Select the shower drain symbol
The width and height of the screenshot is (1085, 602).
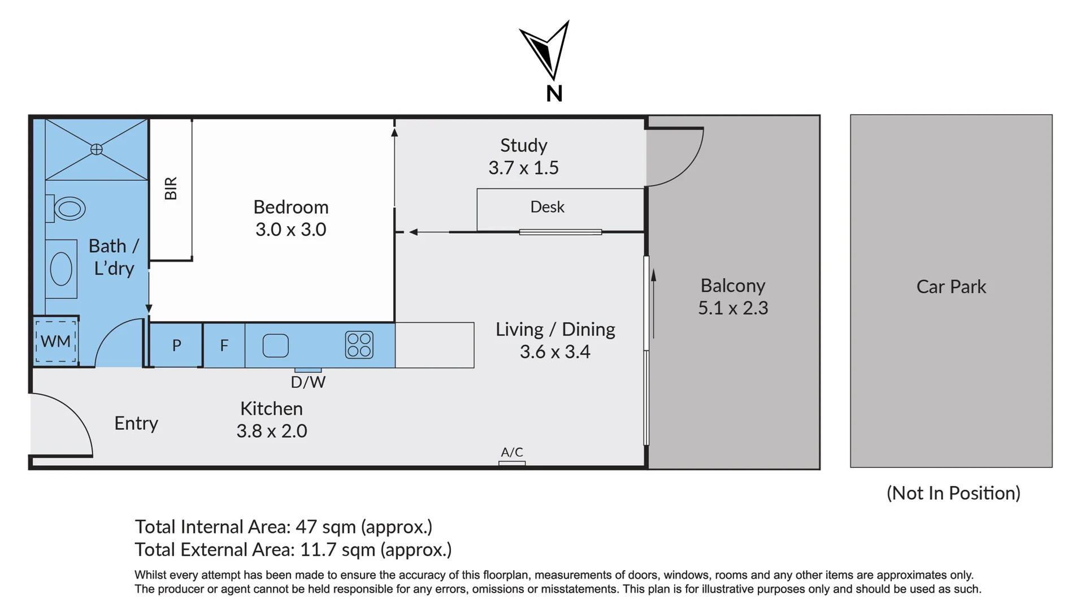97,149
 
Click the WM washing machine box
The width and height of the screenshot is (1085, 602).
56,341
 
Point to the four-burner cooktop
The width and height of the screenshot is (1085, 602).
359,345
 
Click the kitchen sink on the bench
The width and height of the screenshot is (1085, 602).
276,345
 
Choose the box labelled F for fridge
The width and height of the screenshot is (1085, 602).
224,345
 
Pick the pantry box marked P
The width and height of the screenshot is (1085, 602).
176,345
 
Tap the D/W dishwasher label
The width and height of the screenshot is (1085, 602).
308,382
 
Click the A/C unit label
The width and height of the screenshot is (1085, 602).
512,452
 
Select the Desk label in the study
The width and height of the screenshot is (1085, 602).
547,207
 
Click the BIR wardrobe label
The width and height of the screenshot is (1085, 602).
171,188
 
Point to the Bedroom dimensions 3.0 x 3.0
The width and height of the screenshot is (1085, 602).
290,229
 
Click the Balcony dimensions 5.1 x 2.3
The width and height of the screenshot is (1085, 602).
733,308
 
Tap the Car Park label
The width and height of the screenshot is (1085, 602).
951,287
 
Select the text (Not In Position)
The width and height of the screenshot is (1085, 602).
953,493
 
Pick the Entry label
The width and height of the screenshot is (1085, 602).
136,423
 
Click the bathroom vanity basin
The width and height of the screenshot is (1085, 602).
61,269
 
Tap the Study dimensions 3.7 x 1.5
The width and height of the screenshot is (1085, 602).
523,168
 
